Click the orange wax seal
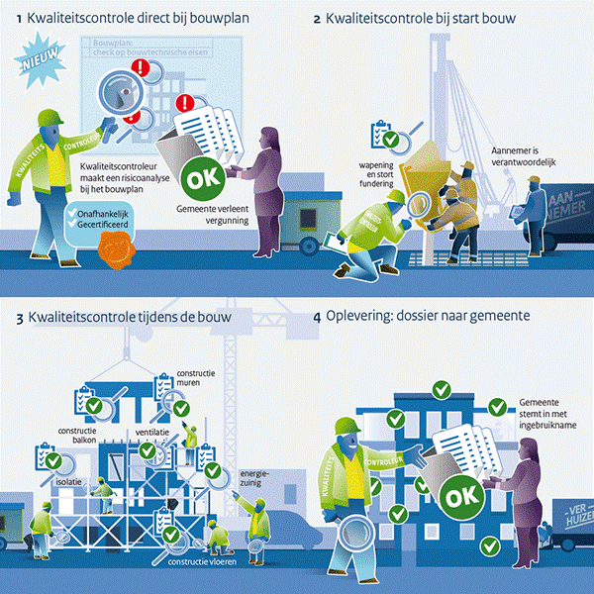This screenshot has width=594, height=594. point(112,253)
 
